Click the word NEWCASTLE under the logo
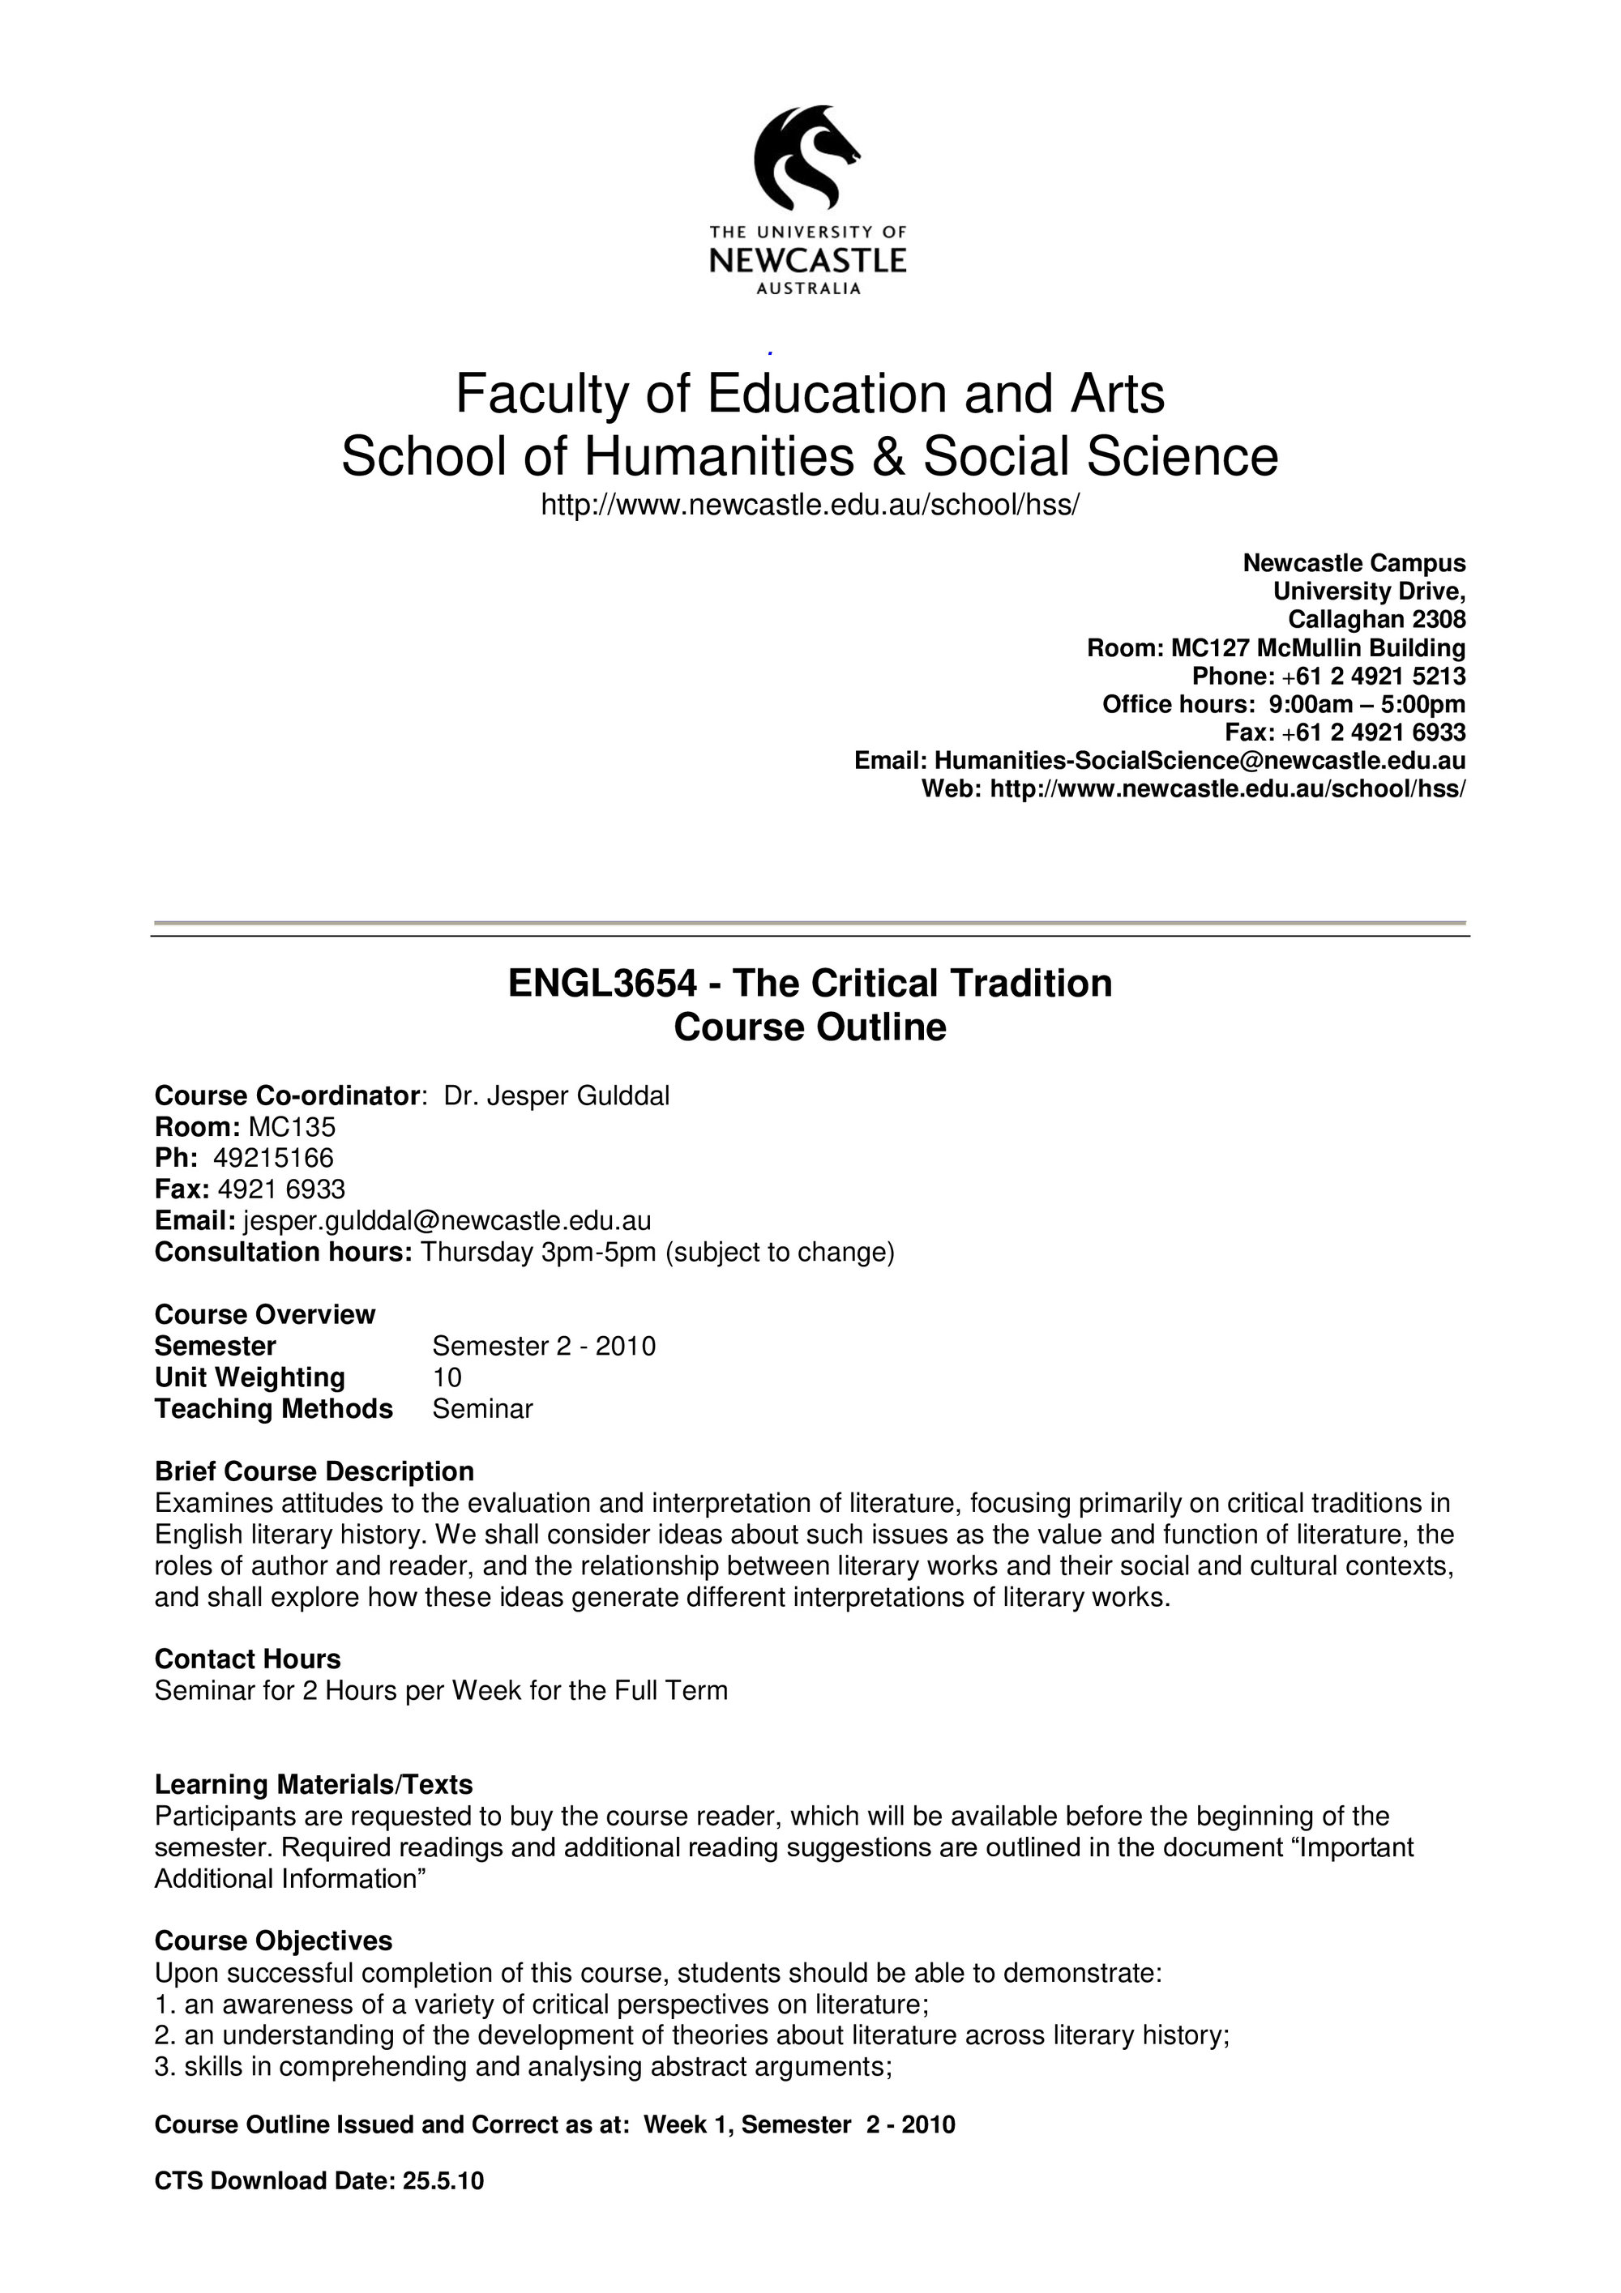(807, 261)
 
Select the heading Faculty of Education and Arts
(810, 394)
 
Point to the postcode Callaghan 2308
(1376, 619)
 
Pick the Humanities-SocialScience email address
(1200, 760)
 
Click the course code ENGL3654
(601, 984)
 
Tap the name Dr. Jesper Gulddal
(556, 1095)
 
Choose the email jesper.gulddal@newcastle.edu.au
(447, 1220)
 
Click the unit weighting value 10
(447, 1377)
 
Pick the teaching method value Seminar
(482, 1408)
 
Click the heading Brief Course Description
(314, 1471)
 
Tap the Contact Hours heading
(248, 1659)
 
